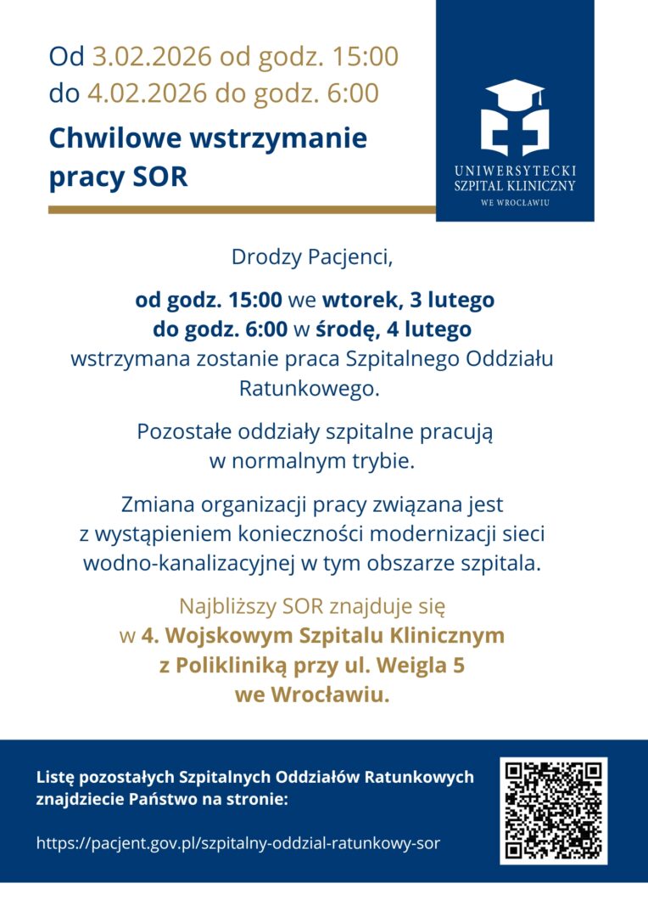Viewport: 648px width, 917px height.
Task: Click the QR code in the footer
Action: point(553,810)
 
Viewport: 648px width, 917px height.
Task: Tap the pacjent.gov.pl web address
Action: point(238,843)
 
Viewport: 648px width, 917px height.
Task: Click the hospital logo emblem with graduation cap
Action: point(515,117)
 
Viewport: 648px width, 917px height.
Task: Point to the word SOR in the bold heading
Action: point(161,177)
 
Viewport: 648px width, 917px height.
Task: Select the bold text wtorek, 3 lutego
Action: point(408,300)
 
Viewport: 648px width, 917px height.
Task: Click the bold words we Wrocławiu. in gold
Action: point(312,694)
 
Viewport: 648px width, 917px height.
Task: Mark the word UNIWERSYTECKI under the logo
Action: point(515,171)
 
